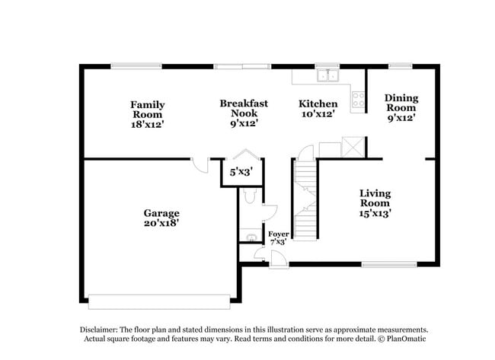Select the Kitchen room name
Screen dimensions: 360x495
[318, 104]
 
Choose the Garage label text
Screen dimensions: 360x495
[161, 213]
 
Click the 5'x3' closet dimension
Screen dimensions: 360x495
[242, 173]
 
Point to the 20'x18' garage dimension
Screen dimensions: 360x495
[161, 224]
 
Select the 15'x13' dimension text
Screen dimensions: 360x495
[375, 214]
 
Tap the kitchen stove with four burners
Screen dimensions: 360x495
[358, 97]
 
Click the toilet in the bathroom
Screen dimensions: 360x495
[249, 198]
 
